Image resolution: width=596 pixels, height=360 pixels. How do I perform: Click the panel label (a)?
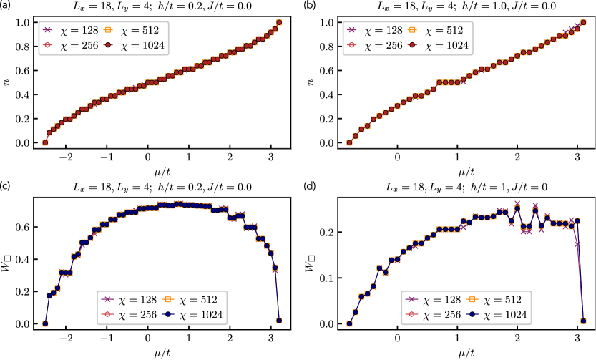coord(7,6)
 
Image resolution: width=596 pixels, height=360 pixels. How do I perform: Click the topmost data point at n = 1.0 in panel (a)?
coord(279,22)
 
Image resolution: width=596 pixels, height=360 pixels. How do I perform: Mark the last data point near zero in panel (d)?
coord(584,321)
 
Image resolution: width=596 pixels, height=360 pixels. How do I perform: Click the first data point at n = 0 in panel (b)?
coord(348,143)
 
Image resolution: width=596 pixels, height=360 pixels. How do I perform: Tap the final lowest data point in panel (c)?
coord(279,321)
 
